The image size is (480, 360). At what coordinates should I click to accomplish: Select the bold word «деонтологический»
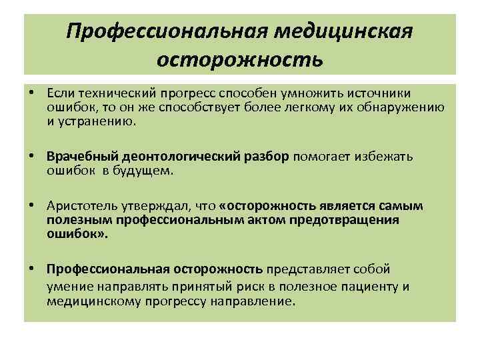[x=173, y=156]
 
